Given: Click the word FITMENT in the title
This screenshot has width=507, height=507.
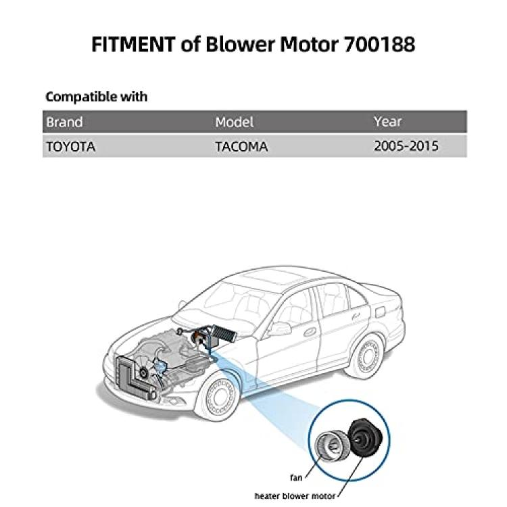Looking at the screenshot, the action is (x=133, y=45).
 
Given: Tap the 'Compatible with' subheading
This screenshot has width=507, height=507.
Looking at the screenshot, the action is (x=97, y=97).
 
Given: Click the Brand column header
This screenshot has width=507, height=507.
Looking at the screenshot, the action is (x=64, y=122).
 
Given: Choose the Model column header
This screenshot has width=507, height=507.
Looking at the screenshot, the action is (x=234, y=122).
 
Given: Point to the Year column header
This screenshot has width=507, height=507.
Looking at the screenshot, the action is (x=388, y=122).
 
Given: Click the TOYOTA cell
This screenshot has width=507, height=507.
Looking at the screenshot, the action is (x=71, y=147).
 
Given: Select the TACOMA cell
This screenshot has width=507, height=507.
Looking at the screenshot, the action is (x=241, y=147).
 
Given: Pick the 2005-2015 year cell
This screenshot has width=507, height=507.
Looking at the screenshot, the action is (x=406, y=146).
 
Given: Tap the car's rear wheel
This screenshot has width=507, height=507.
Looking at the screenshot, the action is (x=368, y=357).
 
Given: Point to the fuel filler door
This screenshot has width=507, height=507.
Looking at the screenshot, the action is (x=382, y=312).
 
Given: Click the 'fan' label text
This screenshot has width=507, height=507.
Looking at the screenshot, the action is (x=296, y=477).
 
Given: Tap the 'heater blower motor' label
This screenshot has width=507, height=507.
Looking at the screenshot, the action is (x=295, y=496).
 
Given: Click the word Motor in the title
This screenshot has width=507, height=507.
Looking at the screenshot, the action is (x=308, y=45).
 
